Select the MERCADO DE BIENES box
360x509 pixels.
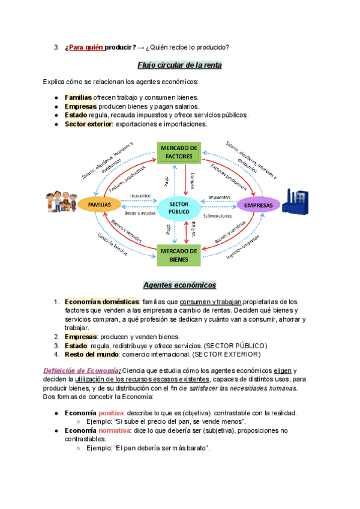[179, 255]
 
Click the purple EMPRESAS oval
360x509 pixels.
[259, 205]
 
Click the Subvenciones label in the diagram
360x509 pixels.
[218, 215]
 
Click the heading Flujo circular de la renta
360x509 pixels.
[180, 65]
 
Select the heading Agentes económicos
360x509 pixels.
[179, 285]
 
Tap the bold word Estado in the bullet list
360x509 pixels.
[76, 115]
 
